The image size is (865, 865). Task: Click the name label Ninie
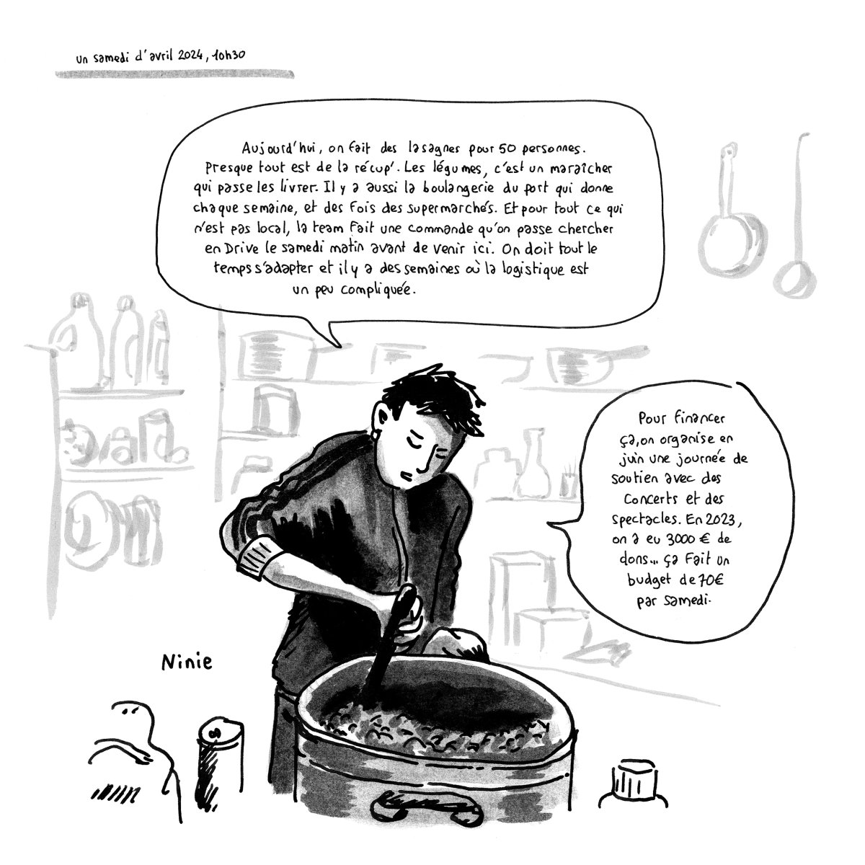coord(187,662)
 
